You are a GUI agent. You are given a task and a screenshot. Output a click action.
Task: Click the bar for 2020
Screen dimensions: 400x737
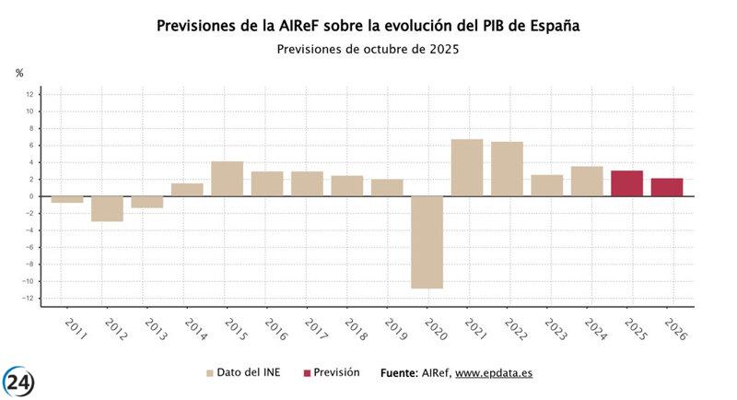[427, 241]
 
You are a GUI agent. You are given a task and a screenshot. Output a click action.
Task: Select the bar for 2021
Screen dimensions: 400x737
[467, 168]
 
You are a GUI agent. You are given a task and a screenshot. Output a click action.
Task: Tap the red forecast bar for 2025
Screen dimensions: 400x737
[626, 183]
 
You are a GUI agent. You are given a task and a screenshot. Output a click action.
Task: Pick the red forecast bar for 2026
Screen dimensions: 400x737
[667, 187]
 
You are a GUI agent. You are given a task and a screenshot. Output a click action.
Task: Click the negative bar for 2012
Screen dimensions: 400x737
[107, 208]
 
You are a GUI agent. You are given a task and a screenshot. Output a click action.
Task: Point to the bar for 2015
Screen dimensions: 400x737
[227, 179]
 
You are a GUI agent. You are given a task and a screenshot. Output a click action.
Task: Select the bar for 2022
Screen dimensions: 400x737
[507, 169]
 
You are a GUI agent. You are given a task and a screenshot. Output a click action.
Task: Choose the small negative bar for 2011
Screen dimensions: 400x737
[67, 199]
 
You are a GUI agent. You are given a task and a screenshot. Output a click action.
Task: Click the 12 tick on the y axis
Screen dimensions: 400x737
[29, 94]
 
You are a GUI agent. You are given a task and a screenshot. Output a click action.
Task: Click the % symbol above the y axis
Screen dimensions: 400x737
[19, 73]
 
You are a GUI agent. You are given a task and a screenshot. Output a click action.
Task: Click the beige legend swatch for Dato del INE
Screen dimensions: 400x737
[210, 373]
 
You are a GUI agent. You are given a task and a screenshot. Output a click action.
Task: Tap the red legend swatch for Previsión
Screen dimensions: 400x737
[306, 373]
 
